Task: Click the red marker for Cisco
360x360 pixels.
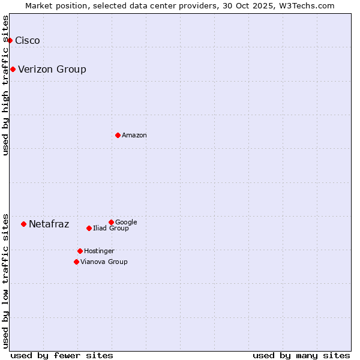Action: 10,40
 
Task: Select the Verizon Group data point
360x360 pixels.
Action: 13,69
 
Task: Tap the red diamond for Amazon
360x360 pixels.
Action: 118,135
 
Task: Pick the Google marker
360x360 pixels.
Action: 111,222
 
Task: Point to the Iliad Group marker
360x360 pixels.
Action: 89,228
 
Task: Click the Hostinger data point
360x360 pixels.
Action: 80,251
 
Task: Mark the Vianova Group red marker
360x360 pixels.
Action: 76,262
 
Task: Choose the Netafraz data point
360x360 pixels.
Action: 23,224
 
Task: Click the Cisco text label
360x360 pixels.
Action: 28,40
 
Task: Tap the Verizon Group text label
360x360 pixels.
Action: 52,69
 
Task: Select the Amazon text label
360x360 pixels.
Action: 134,135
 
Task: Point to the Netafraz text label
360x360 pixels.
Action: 49,224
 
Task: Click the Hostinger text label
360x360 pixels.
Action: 99,251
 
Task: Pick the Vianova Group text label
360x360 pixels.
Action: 104,262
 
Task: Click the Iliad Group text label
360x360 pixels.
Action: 111,229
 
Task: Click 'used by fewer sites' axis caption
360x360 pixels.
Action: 62,355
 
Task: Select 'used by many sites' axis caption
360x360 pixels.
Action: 301,355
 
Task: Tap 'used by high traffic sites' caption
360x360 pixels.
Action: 6,85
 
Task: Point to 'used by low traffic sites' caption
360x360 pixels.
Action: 6,280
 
